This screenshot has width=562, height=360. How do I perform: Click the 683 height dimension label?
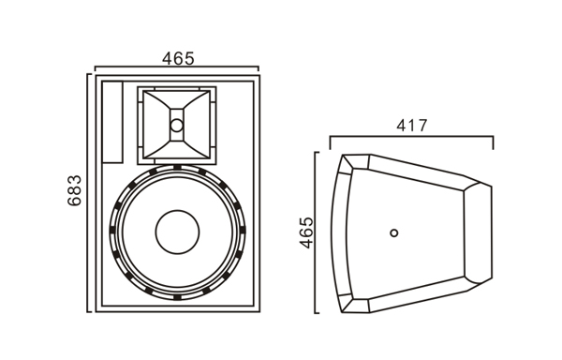pos(75,190)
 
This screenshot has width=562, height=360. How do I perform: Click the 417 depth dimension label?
pos(412,126)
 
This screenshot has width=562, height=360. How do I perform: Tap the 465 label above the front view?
pos(178,58)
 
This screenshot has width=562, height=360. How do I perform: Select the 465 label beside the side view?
pos(306,232)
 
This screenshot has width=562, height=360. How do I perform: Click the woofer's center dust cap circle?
pos(177,232)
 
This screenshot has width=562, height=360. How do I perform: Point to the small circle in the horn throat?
pos(177,125)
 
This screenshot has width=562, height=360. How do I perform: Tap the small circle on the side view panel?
pos(394,233)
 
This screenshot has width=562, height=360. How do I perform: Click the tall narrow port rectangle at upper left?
pos(112,122)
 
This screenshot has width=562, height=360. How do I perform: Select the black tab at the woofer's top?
pos(177,167)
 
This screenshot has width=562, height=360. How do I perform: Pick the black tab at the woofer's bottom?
pos(177,297)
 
